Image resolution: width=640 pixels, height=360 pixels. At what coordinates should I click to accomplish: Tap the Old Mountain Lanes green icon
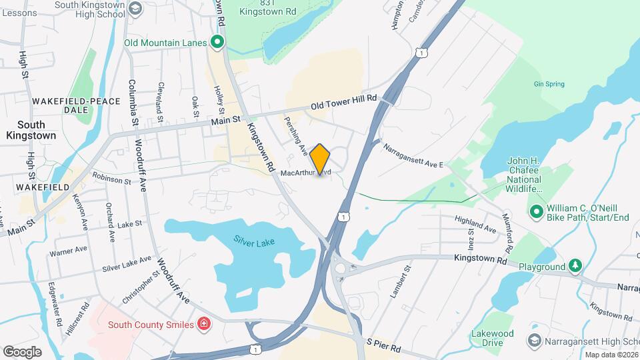click(x=217, y=43)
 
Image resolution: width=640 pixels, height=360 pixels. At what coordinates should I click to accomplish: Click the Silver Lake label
click(x=254, y=241)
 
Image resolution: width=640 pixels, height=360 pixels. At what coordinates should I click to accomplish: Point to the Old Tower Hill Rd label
click(x=344, y=102)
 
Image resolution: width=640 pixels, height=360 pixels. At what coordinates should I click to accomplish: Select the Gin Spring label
click(x=549, y=84)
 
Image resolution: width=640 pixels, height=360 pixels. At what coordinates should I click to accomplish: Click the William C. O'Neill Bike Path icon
click(x=536, y=213)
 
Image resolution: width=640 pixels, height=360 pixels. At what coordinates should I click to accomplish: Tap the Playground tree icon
click(x=575, y=267)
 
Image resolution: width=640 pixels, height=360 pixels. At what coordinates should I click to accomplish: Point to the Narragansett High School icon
click(x=533, y=341)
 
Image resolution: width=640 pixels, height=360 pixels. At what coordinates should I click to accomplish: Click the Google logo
click(x=22, y=351)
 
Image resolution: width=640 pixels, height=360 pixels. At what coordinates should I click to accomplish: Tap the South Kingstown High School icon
click(x=135, y=9)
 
